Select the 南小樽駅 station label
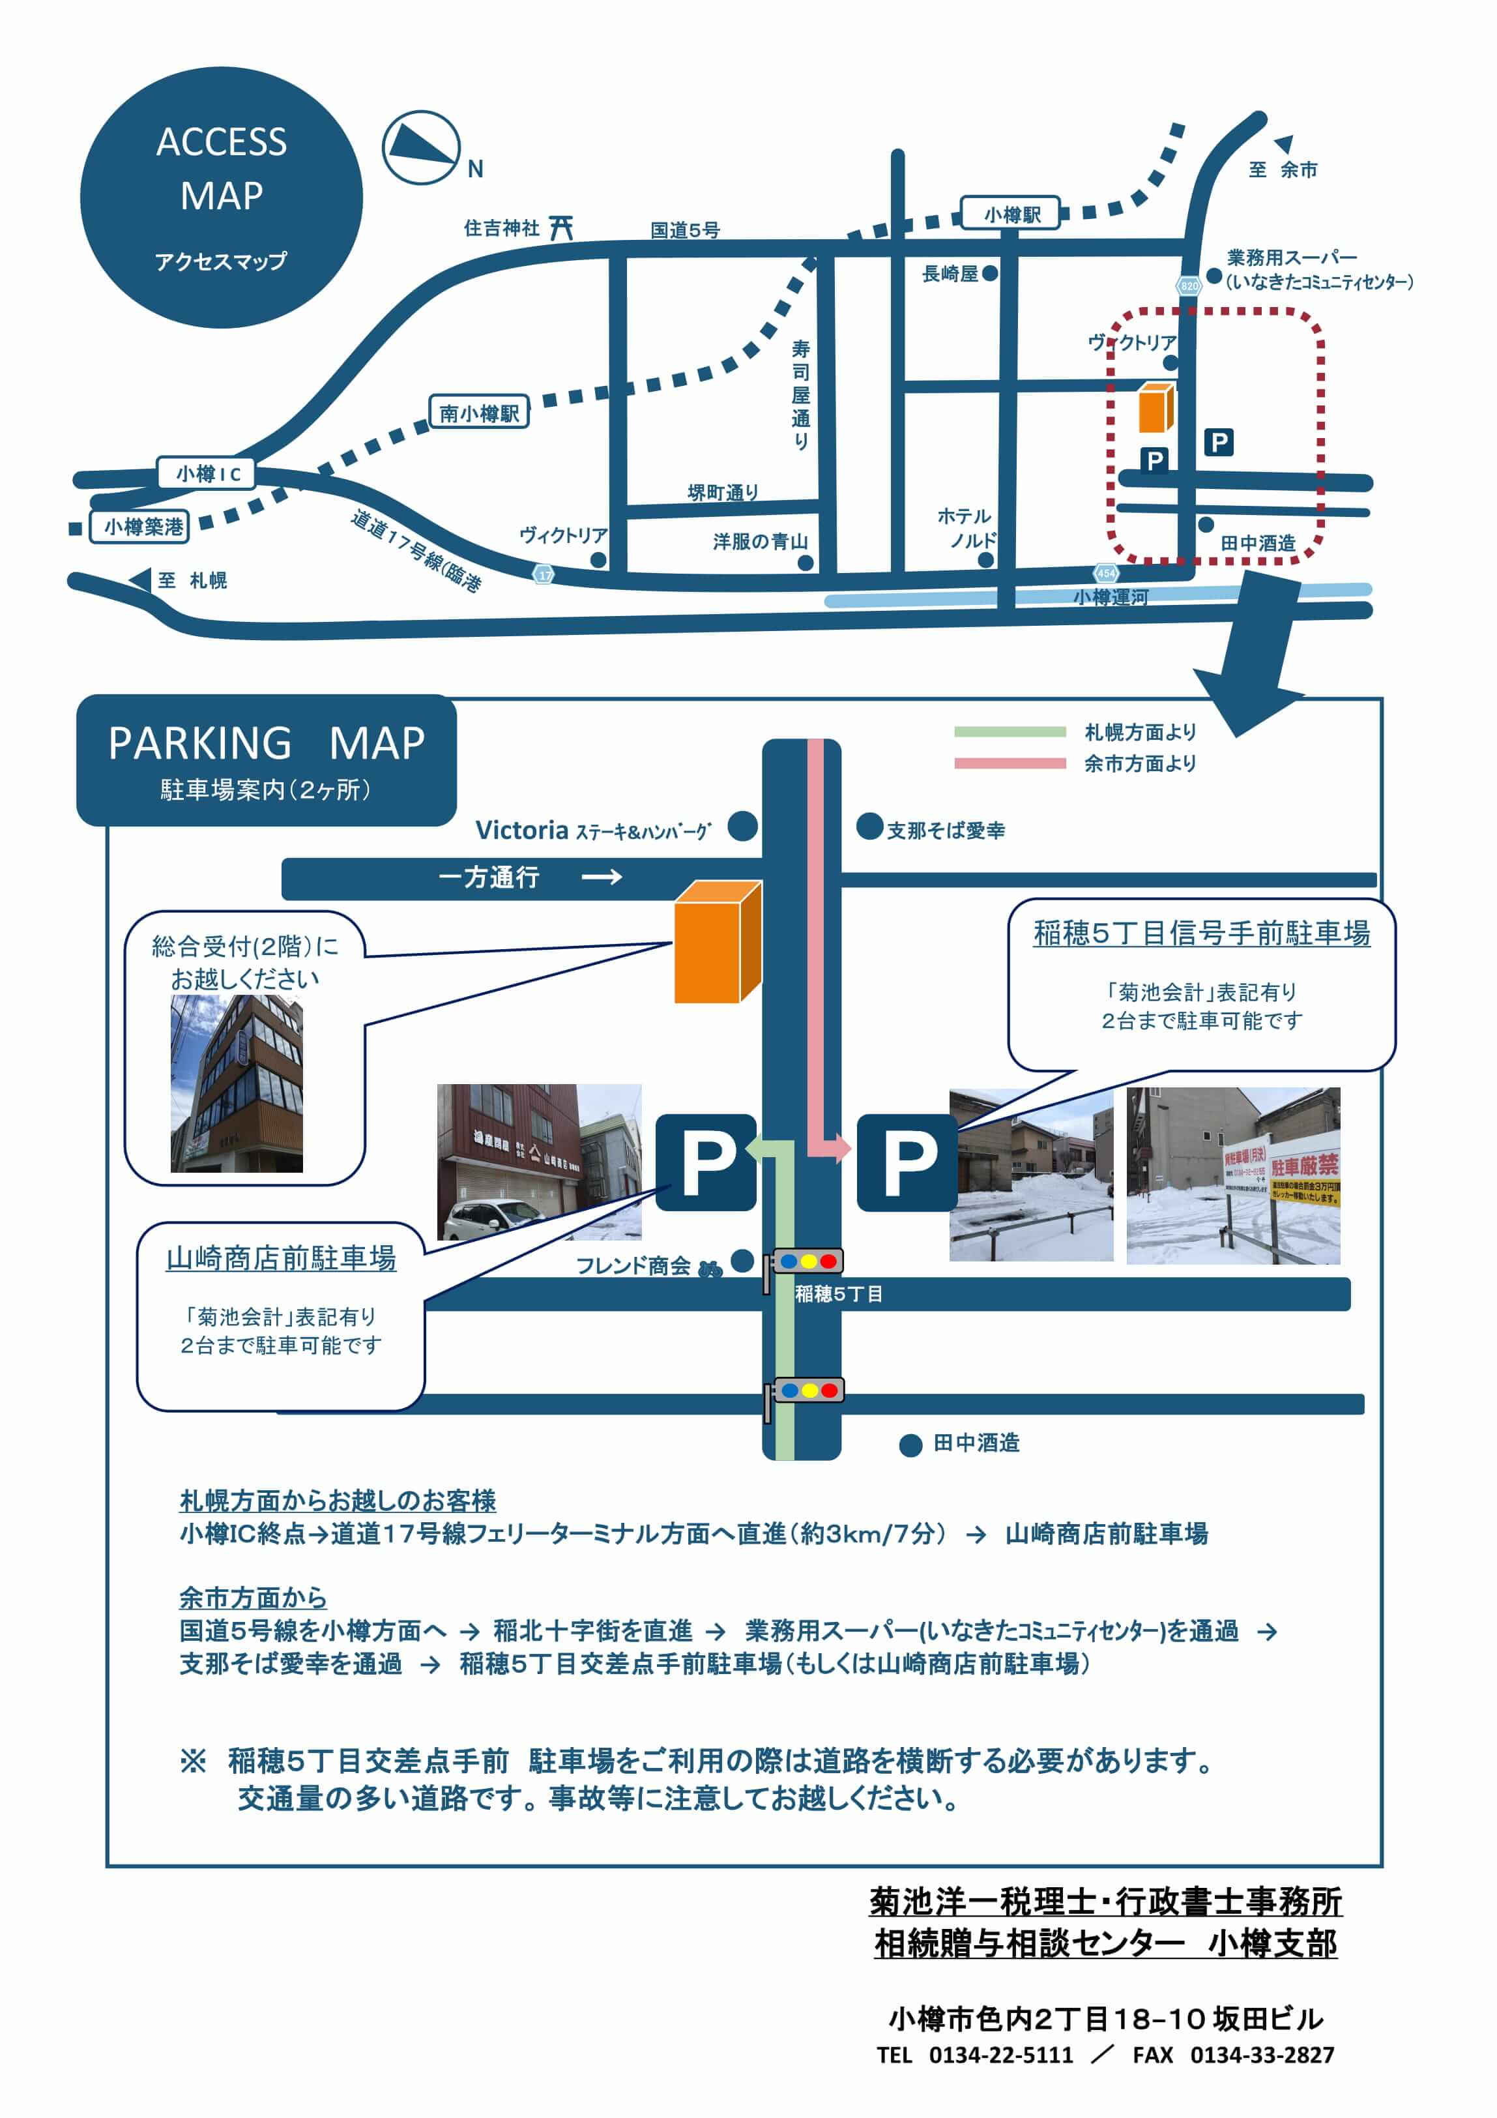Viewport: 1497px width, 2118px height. click(x=479, y=413)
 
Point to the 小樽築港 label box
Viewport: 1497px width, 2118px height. click(x=140, y=527)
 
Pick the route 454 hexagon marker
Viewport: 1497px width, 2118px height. click(x=1106, y=574)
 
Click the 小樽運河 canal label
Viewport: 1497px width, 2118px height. click(x=1110, y=598)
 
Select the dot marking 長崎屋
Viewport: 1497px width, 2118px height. click(x=990, y=273)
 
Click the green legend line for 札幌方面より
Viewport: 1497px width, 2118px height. click(x=1009, y=731)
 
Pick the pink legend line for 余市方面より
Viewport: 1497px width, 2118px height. click(x=1009, y=763)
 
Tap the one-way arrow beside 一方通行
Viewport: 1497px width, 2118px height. click(x=602, y=876)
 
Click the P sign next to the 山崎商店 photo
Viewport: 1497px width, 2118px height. click(x=706, y=1162)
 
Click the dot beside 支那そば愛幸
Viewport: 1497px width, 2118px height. click(x=869, y=827)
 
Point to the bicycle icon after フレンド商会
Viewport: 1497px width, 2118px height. click(x=709, y=1269)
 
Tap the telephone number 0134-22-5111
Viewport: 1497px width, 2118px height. click(x=1001, y=2055)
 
